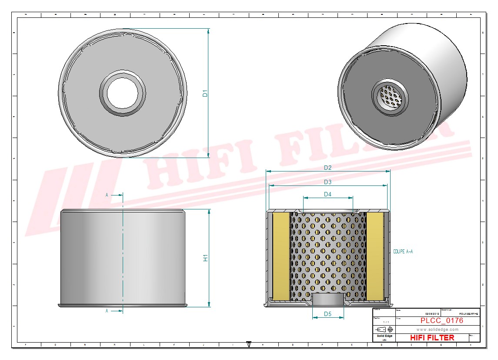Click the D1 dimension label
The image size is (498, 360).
point(205,93)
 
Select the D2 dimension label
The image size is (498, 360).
point(328,168)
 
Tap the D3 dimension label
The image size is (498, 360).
point(328,182)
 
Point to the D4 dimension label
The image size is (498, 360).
point(328,194)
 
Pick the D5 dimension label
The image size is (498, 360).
point(328,314)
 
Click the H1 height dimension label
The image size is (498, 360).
point(205,258)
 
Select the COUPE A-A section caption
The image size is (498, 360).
point(402,252)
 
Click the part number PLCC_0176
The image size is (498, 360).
point(441,321)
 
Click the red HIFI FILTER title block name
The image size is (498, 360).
point(432,338)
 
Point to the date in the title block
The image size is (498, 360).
point(432,313)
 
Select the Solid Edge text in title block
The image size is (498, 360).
point(384,336)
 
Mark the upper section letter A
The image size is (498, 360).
point(107,195)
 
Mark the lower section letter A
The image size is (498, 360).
point(107,311)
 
